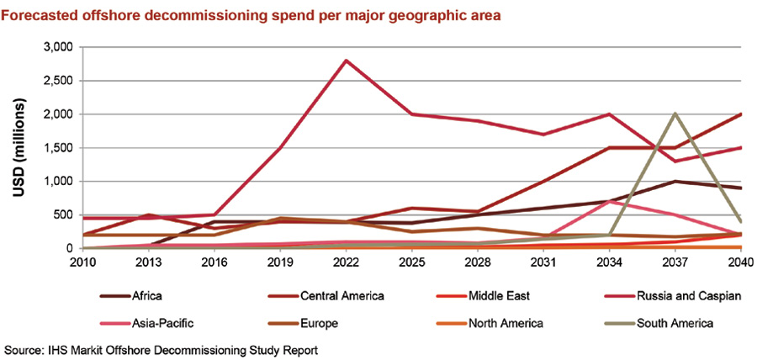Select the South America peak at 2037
pyautogui.click(x=675, y=114)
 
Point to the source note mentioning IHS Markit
pyautogui.click(x=160, y=348)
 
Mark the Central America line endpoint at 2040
pyautogui.click(x=740, y=114)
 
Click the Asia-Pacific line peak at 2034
pyautogui.click(x=609, y=202)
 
